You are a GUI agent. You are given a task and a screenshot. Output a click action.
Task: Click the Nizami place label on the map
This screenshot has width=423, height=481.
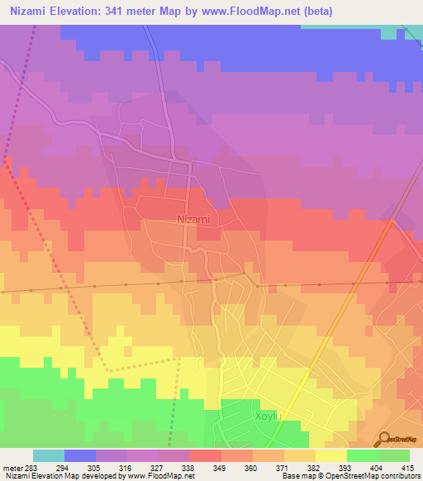point(194,219)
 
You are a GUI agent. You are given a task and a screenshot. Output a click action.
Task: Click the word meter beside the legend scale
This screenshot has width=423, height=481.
point(11,467)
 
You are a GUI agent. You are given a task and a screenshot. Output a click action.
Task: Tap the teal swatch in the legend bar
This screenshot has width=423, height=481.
point(49,455)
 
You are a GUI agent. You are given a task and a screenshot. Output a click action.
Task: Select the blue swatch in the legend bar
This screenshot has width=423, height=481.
point(80,455)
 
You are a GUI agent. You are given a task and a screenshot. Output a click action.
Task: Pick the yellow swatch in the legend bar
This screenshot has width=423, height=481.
point(331,455)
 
